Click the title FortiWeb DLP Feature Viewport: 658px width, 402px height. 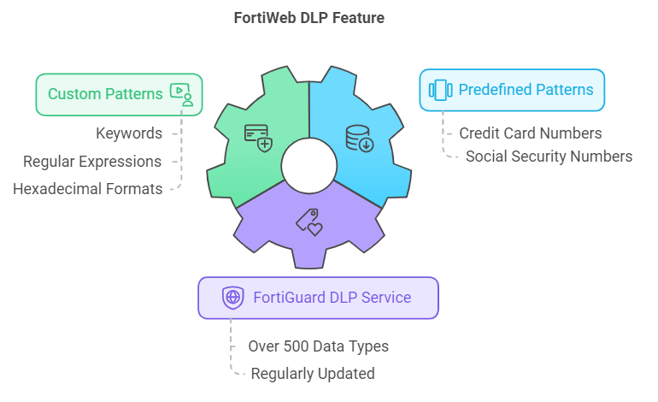click(x=308, y=17)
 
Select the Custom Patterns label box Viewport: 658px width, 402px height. click(x=119, y=94)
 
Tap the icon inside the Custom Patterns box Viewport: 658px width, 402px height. click(x=182, y=94)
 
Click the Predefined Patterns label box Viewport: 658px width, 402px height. click(x=511, y=90)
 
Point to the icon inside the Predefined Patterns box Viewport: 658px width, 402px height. click(x=439, y=90)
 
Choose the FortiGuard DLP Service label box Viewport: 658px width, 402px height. click(x=318, y=298)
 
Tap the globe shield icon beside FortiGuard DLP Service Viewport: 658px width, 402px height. click(x=232, y=298)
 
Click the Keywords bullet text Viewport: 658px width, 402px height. click(x=128, y=133)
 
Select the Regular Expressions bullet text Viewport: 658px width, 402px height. click(x=92, y=161)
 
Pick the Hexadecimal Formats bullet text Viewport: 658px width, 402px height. click(x=87, y=189)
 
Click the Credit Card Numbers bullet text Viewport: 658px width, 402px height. click(x=530, y=133)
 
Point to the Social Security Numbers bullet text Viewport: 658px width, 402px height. click(x=549, y=157)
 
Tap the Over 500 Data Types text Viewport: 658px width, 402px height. click(x=318, y=346)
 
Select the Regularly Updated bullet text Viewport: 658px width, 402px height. click(x=312, y=374)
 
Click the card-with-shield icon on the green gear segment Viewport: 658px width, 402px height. click(x=258, y=137)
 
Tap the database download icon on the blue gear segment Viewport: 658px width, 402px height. click(x=359, y=138)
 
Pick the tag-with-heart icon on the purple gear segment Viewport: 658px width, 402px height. click(x=308, y=222)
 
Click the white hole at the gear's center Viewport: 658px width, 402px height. click(x=308, y=164)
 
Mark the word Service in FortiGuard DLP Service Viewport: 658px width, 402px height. click(x=385, y=298)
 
